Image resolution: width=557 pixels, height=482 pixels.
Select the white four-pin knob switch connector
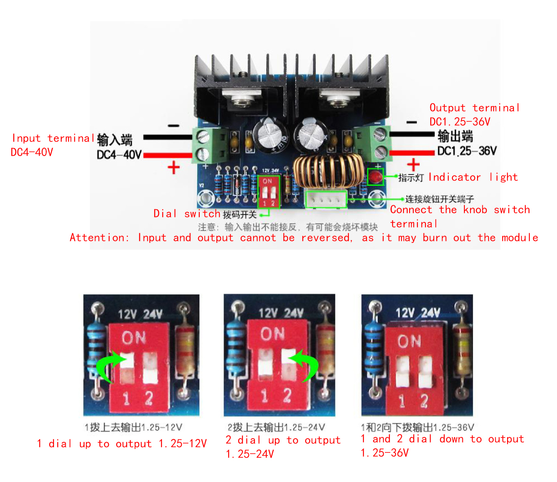(x=326, y=199)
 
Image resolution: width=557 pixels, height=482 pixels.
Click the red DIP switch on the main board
(x=268, y=192)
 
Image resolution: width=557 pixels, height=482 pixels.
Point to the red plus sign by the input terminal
(x=173, y=168)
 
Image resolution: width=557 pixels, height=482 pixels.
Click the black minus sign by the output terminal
(x=412, y=123)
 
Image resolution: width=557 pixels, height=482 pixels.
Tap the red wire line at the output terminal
(x=412, y=153)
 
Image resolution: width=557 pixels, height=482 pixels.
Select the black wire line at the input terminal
(x=168, y=137)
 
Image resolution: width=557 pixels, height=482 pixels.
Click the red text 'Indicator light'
(x=473, y=177)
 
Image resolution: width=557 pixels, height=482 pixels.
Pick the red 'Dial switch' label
(x=187, y=213)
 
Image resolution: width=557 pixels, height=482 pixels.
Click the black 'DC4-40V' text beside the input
(x=119, y=155)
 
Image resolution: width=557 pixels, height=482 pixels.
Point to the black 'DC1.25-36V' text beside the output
(x=467, y=151)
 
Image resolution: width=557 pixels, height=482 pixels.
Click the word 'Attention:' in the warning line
(x=99, y=237)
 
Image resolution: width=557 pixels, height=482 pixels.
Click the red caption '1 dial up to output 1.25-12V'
(x=122, y=443)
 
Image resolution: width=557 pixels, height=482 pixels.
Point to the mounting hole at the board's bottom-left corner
(x=206, y=199)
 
